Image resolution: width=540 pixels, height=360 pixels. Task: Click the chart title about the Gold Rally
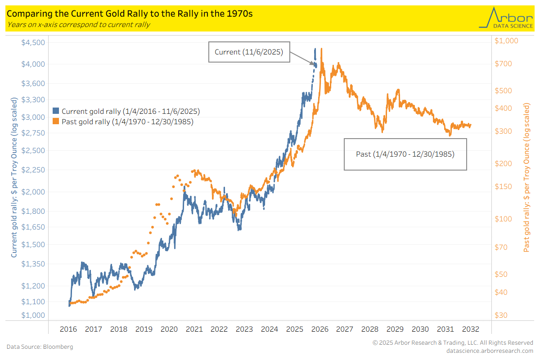coord(130,13)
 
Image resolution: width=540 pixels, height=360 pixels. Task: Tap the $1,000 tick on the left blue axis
coord(33,315)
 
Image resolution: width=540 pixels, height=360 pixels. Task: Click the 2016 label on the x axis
coord(68,329)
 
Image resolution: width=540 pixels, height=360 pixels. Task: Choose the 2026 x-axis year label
coord(319,329)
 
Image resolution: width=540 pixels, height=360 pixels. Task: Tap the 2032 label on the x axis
coord(470,329)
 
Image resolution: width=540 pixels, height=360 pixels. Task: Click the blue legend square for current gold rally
coord(56,111)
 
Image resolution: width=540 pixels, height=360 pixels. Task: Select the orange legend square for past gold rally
coord(56,121)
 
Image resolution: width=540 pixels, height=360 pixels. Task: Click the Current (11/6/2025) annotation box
coord(248,52)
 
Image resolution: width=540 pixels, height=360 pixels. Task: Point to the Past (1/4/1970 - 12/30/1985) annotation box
coord(405,154)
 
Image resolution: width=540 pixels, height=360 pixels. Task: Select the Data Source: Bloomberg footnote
coord(40,346)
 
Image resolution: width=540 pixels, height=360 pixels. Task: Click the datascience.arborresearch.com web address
coord(489,351)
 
